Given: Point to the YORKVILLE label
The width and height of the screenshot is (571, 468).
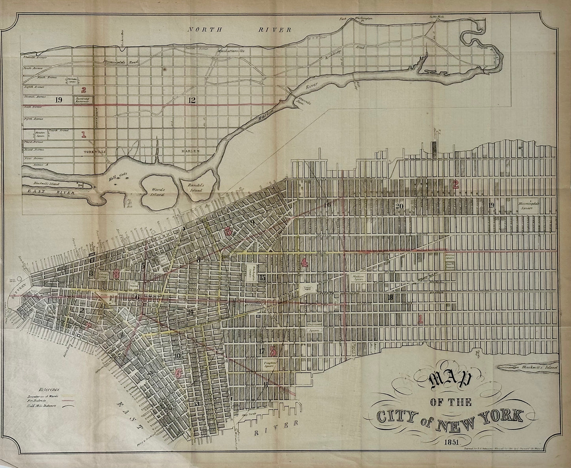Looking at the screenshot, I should (93, 151).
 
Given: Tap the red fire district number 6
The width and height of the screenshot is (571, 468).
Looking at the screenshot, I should (179, 372).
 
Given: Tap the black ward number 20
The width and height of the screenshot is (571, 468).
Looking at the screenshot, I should (399, 206).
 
